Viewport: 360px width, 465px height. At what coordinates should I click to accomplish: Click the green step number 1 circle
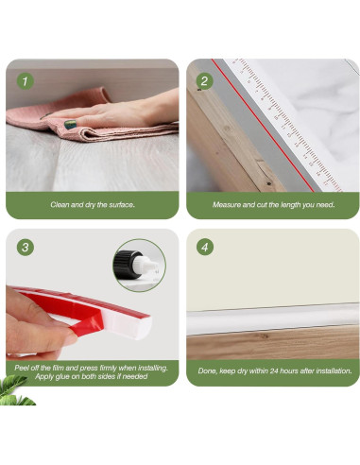(25, 81)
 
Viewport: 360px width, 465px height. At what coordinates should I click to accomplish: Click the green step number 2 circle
(205, 81)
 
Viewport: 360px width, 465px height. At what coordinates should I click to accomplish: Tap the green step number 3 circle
(25, 247)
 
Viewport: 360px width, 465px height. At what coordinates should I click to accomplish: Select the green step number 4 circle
(205, 247)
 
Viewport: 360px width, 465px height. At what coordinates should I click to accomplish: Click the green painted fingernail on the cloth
(70, 124)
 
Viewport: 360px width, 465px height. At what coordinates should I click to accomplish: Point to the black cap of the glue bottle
(124, 265)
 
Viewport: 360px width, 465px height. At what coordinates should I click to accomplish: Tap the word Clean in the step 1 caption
(60, 205)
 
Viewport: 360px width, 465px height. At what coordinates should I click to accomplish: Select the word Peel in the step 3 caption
(21, 368)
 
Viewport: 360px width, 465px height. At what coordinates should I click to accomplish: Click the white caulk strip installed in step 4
(273, 319)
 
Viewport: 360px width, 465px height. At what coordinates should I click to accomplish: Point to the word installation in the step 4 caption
(334, 370)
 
